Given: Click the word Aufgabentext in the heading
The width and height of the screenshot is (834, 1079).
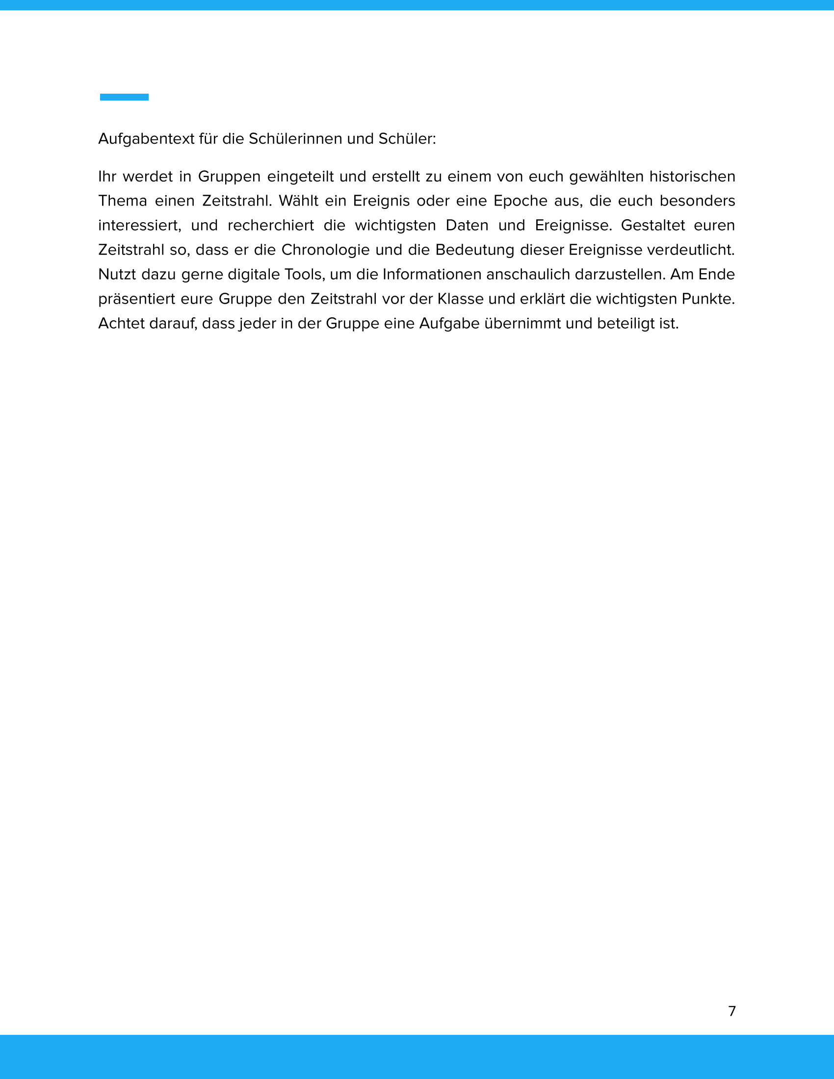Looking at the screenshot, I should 146,139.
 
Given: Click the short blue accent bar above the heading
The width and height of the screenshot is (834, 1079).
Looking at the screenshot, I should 124,97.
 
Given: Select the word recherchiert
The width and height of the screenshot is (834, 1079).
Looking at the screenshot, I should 270,226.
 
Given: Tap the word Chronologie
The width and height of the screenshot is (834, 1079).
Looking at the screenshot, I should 326,250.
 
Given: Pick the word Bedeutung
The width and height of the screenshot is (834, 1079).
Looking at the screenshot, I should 474,250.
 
